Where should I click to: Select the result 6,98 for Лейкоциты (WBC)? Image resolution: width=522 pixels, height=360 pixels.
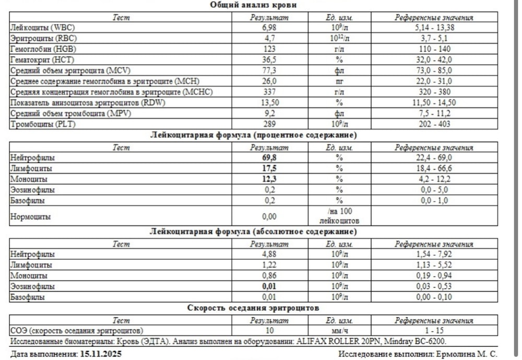(x=269, y=27)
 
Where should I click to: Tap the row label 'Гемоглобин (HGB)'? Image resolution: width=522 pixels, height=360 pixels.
(x=38, y=49)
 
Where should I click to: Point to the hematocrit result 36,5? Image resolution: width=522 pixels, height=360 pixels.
(x=269, y=60)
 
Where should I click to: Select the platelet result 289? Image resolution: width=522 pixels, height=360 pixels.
(x=269, y=124)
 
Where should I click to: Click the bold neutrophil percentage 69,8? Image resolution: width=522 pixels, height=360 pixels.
(x=269, y=157)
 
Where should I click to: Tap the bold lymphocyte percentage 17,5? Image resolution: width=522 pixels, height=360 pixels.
(x=269, y=168)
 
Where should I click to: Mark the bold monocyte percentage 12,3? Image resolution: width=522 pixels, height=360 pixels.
(x=269, y=179)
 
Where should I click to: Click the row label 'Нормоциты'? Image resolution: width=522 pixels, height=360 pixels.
(x=30, y=216)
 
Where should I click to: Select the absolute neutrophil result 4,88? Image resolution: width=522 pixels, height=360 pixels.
(x=269, y=254)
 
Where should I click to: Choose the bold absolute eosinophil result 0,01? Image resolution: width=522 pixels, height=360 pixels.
(x=269, y=286)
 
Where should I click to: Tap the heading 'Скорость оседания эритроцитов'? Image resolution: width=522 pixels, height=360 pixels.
(x=254, y=308)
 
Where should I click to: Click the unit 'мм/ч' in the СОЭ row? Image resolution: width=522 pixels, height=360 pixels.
(x=339, y=330)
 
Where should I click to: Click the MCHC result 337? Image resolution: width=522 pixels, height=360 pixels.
(x=269, y=92)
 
